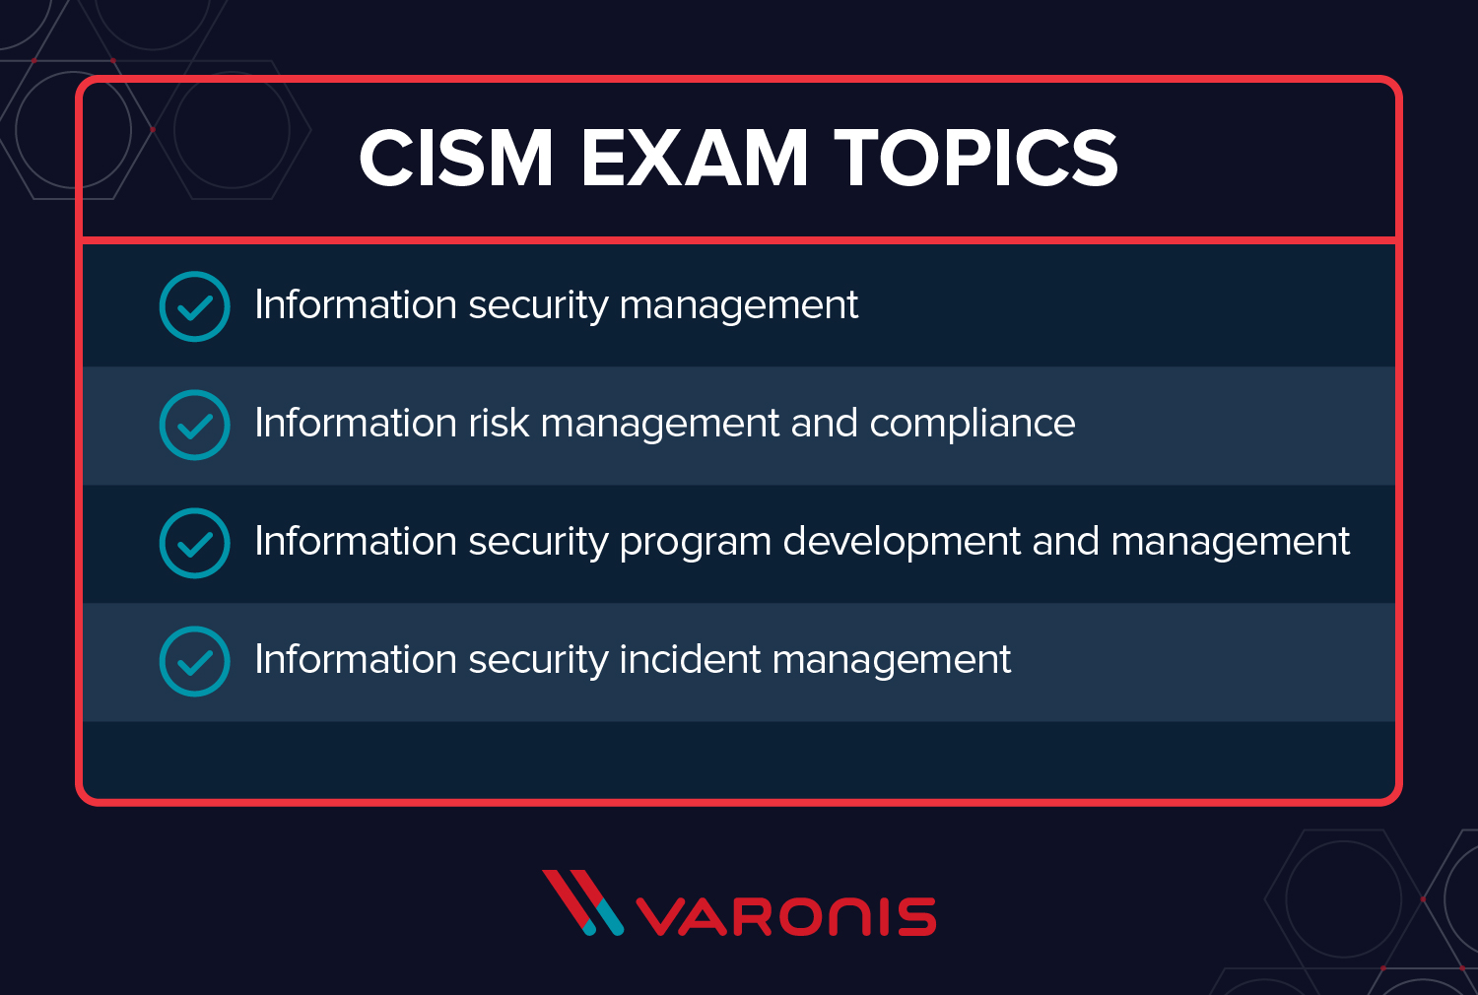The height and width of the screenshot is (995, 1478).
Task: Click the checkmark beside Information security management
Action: [194, 306]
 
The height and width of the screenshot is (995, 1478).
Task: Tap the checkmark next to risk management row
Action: [194, 425]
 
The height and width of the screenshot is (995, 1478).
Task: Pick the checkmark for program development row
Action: [194, 543]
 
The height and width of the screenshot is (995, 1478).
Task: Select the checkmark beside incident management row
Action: [194, 661]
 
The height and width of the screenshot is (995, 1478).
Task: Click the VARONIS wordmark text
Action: [785, 917]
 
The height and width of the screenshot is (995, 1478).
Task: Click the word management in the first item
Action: [738, 306]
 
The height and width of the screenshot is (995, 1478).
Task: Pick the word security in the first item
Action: [538, 306]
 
